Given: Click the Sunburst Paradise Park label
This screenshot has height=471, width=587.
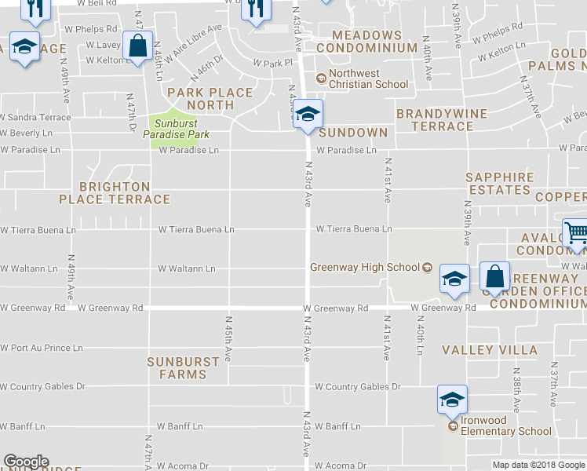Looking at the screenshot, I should point(170,129).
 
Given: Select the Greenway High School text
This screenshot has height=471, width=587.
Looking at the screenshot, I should point(366,267).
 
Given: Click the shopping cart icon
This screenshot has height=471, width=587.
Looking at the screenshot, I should point(576,233).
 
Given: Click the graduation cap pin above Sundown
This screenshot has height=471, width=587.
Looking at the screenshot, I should point(308,114).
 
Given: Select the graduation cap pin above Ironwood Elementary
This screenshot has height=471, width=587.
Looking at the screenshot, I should point(452,400).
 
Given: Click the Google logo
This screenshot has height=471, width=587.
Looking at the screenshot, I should point(26,462).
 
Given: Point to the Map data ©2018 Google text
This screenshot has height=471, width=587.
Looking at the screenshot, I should point(539,465).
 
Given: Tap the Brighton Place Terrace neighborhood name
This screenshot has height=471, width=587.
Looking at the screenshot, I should point(115,193).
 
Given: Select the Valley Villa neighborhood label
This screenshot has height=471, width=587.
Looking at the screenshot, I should point(490,350).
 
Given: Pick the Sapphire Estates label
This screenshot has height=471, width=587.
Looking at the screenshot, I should point(499,184).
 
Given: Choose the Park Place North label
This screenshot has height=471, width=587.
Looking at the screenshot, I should point(210,99).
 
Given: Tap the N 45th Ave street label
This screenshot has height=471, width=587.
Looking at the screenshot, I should point(228,338).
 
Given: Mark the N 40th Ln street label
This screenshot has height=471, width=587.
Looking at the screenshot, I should point(420,338).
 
